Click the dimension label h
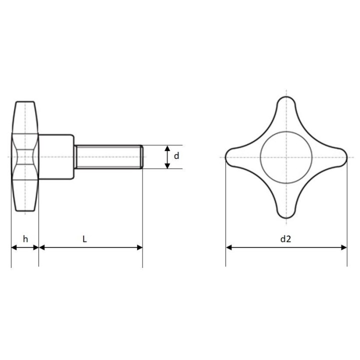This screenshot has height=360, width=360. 25,239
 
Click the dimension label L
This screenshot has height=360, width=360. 84,239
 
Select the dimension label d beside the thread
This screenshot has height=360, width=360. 176,156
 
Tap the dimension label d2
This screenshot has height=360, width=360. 286,239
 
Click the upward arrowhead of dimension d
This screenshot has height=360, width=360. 167,148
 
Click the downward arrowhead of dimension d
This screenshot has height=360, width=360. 167,165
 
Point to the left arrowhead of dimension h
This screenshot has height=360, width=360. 14,247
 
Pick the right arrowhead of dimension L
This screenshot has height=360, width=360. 139,247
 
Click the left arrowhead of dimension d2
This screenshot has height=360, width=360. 228,247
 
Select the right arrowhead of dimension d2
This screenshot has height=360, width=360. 344,247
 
